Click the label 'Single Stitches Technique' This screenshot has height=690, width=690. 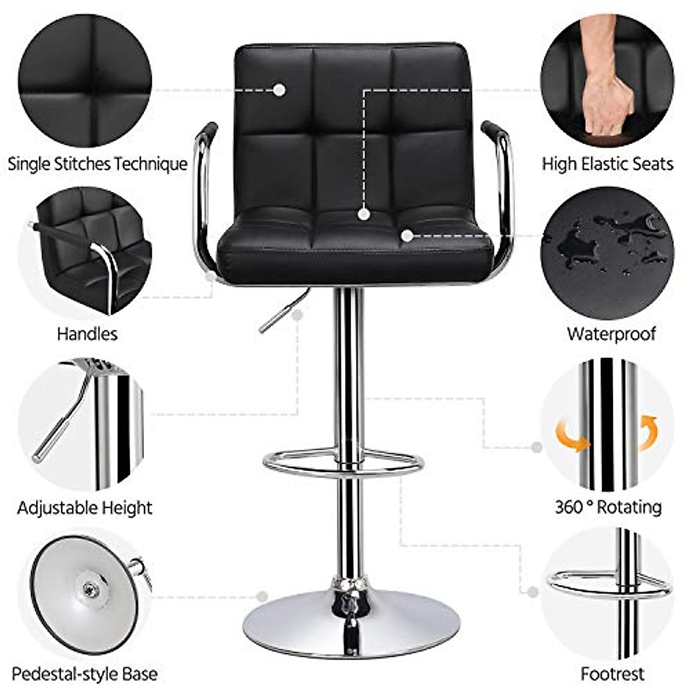tap(97, 164)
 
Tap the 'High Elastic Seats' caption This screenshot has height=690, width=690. tap(607, 164)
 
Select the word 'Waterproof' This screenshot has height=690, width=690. tap(611, 333)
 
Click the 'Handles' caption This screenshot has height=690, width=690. tap(87, 333)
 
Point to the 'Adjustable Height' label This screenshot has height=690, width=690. tap(85, 508)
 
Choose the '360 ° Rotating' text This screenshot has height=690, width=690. tap(608, 507)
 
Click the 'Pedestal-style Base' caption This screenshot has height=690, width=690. tap(85, 673)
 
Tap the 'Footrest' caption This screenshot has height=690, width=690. tap(612, 673)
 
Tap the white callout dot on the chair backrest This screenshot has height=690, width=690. tap(279, 90)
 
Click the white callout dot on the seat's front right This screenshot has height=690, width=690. tap(407, 235)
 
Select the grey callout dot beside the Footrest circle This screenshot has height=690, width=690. tap(533, 592)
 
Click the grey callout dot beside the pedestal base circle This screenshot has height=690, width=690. tap(263, 597)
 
